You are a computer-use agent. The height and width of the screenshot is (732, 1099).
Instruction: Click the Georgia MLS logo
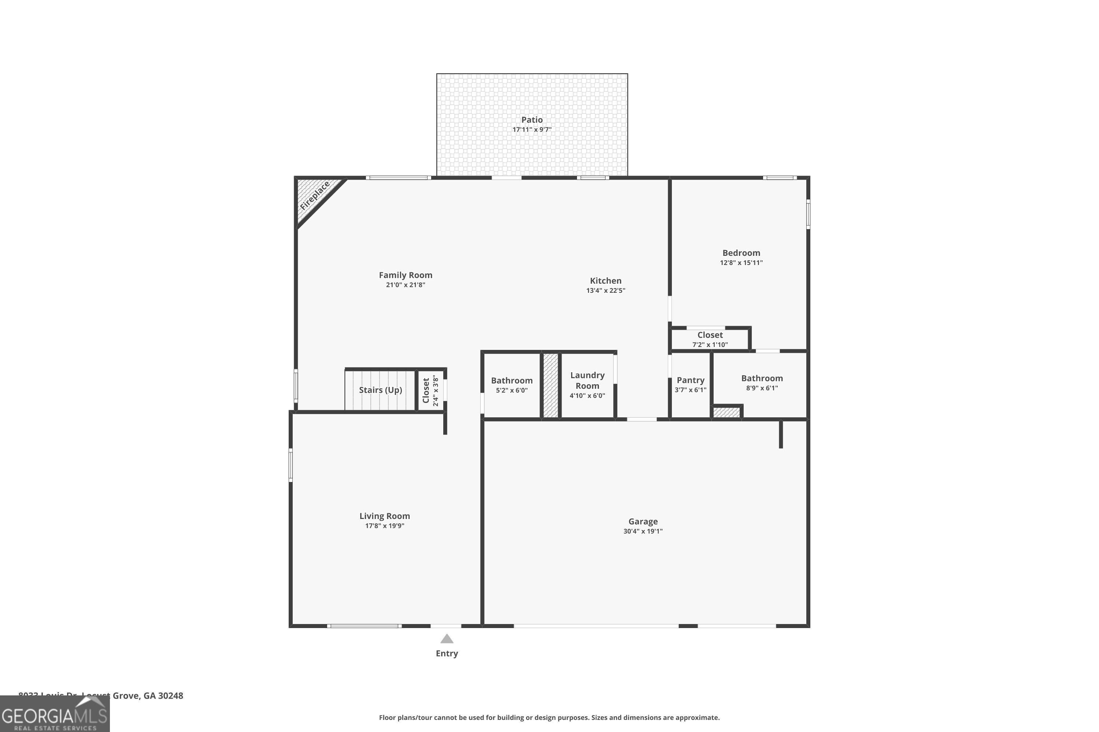point(55,714)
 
